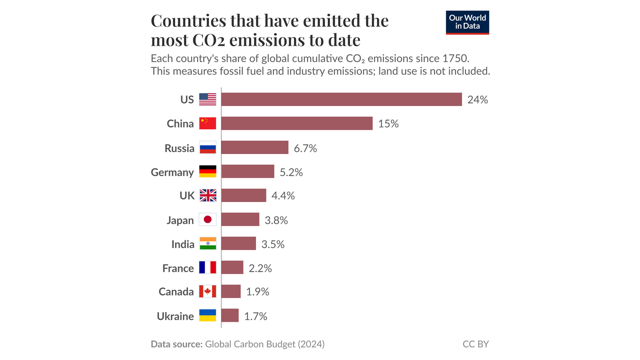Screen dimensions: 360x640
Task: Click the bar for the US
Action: (x=342, y=100)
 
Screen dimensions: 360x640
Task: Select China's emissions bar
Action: (x=297, y=123)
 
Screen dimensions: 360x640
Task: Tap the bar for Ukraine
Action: (x=230, y=315)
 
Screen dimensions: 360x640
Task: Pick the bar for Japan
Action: (x=240, y=219)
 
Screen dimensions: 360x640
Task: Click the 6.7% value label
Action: (x=305, y=148)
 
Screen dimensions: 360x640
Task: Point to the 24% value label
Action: (x=477, y=100)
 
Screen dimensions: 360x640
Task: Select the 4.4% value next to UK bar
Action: (x=283, y=196)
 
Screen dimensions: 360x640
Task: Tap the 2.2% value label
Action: (x=260, y=268)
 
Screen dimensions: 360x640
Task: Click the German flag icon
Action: (x=208, y=171)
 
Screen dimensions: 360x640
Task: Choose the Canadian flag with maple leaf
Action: (x=208, y=291)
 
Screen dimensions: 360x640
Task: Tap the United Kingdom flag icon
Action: (x=208, y=196)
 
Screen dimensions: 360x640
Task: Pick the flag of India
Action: (x=208, y=244)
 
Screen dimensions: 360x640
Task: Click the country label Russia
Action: (x=179, y=148)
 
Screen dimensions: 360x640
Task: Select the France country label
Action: (x=178, y=268)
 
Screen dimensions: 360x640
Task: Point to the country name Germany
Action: (x=172, y=172)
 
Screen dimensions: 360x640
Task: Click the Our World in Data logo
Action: (x=467, y=22)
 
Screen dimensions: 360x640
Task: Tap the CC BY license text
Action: (x=475, y=344)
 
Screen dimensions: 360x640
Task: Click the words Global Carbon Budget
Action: (x=250, y=344)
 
